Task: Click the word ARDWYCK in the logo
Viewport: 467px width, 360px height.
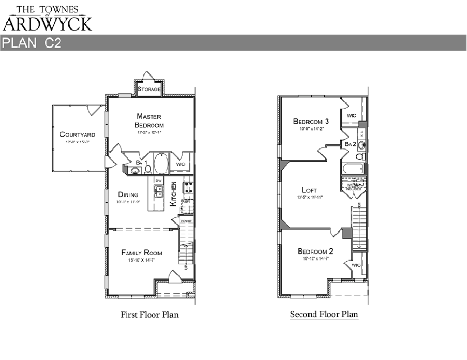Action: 48,23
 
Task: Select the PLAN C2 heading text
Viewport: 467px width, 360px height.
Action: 32,43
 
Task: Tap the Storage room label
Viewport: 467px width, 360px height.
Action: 149,89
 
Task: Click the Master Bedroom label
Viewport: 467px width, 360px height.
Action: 149,121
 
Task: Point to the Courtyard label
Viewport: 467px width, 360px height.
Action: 77,134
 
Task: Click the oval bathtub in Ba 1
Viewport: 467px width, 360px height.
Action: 160,164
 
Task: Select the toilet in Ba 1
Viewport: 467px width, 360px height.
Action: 147,169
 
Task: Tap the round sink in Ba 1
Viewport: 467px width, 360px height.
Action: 135,171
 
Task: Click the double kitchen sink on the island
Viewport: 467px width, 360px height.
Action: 159,191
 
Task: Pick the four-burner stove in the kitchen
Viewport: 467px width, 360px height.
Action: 188,187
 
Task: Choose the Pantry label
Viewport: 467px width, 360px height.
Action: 186,221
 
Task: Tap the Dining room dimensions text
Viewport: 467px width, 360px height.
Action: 128,202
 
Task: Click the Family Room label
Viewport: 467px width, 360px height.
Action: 142,252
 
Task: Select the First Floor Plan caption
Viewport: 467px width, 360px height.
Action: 149,314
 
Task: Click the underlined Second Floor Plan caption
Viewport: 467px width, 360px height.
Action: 324,314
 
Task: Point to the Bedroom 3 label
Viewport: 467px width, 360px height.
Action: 311,122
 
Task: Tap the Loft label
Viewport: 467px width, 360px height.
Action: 309,190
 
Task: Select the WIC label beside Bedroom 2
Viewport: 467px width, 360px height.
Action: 356,265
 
